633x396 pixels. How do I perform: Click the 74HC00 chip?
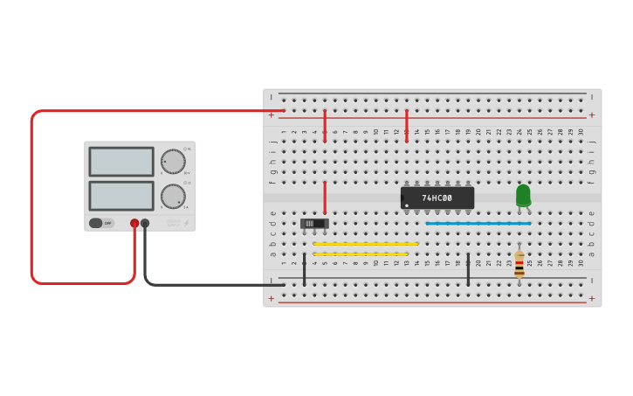[x=437, y=198]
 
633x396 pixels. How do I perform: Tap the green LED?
[x=523, y=195]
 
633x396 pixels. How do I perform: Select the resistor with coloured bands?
[x=519, y=263]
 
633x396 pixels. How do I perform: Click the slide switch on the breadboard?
[x=314, y=224]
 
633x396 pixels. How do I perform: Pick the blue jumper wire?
[x=478, y=224]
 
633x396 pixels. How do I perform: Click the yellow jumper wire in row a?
[x=361, y=254]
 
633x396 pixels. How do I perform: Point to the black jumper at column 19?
[x=469, y=269]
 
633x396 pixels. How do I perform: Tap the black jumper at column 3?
[x=305, y=269]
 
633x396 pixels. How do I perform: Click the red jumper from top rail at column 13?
[x=407, y=125]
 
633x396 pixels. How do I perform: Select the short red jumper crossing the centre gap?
[x=326, y=198]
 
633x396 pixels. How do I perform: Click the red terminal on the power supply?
[x=134, y=224]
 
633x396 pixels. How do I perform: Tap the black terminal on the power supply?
[x=145, y=224]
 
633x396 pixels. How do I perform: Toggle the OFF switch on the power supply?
[x=101, y=223]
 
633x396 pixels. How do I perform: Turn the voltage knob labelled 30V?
[x=173, y=162]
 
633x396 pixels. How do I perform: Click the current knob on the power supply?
[x=173, y=196]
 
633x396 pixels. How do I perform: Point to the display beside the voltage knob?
[x=121, y=162]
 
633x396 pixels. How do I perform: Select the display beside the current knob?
[x=121, y=196]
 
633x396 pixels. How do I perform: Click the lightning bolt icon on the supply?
[x=186, y=223]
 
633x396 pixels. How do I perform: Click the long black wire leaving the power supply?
[x=201, y=284]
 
